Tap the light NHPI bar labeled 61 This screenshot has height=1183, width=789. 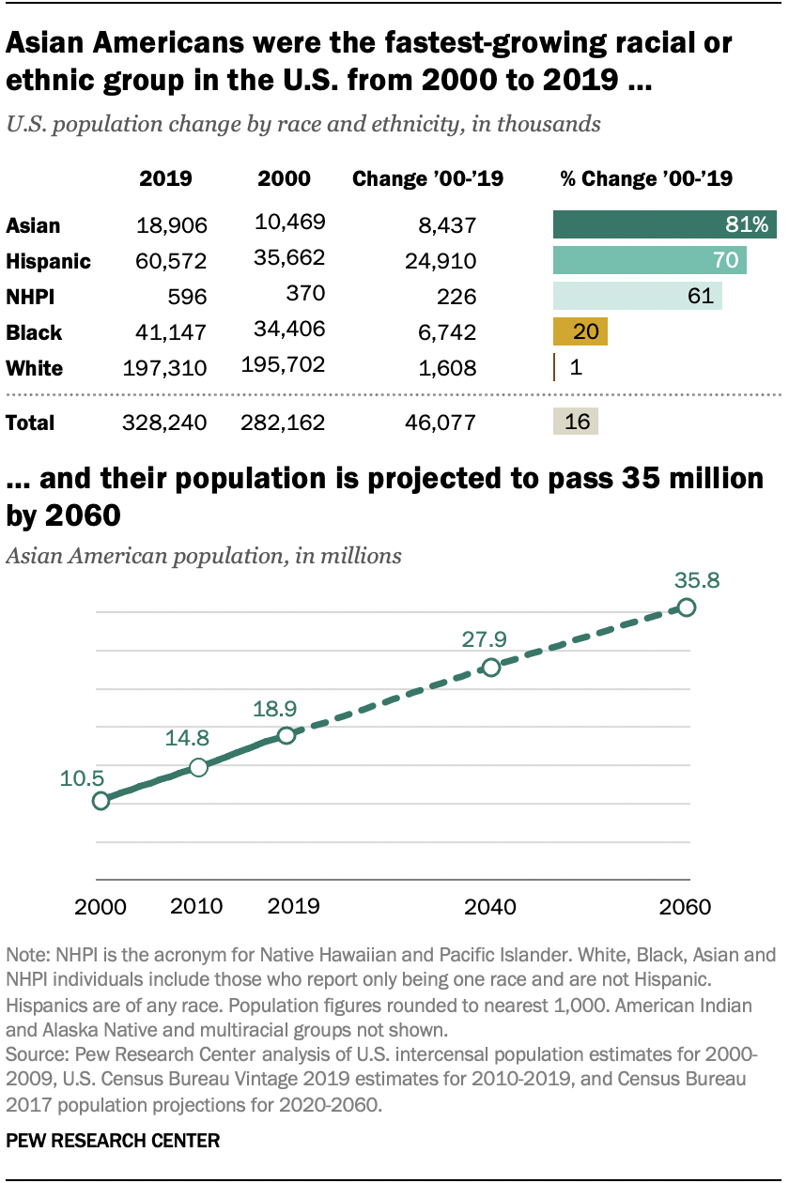click(638, 296)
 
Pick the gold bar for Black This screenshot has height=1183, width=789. click(580, 331)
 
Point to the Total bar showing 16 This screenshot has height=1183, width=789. click(576, 422)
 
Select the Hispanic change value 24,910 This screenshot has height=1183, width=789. click(441, 261)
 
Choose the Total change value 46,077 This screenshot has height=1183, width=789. click(441, 422)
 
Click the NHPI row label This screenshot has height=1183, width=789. click(30, 297)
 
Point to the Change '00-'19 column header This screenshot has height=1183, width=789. click(427, 178)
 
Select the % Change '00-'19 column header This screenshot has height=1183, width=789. click(646, 178)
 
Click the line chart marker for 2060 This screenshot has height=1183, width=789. click(687, 607)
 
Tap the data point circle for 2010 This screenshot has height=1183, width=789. click(198, 767)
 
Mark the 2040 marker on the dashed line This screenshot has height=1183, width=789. click(490, 668)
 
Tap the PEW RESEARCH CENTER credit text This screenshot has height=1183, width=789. click(113, 1141)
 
